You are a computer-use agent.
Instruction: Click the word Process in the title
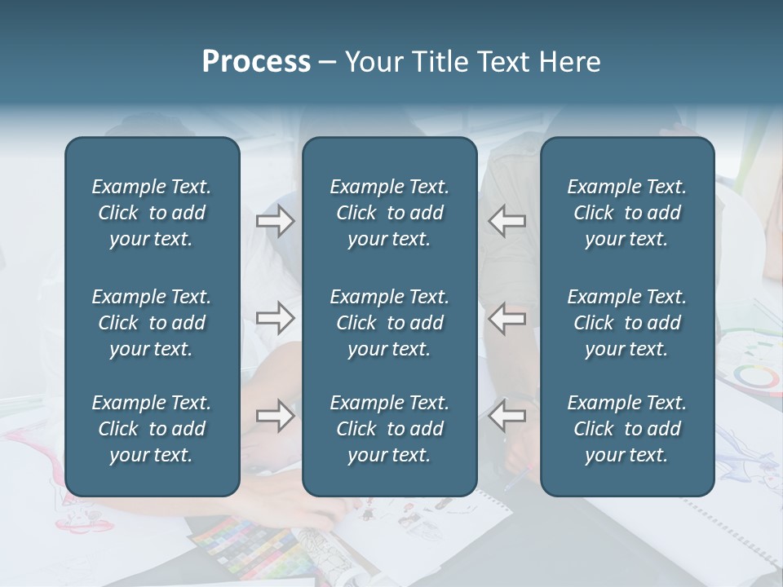pos(256,62)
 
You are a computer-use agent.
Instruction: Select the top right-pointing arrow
pos(275,221)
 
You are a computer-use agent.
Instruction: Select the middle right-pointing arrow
pos(275,318)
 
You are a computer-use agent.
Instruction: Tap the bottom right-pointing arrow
pos(275,416)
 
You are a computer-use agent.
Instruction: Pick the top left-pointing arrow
pos(507,221)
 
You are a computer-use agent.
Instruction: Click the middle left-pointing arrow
pos(507,318)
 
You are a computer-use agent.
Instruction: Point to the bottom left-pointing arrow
pos(507,416)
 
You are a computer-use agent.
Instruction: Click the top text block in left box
pos(151,213)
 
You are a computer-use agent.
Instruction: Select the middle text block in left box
pos(151,323)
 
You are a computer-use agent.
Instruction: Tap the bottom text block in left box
pos(151,429)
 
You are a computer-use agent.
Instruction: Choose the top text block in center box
pos(389,213)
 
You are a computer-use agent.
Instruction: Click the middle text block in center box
pos(389,323)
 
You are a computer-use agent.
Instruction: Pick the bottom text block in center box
pos(389,429)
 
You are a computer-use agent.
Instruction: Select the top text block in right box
pos(626,213)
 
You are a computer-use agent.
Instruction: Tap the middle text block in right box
pos(626,323)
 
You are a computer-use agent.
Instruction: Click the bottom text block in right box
pos(626,429)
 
